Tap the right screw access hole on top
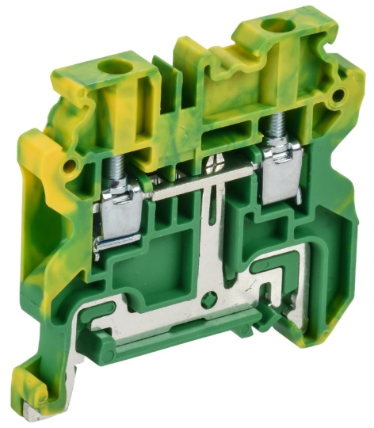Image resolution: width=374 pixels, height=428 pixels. click(x=277, y=26)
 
